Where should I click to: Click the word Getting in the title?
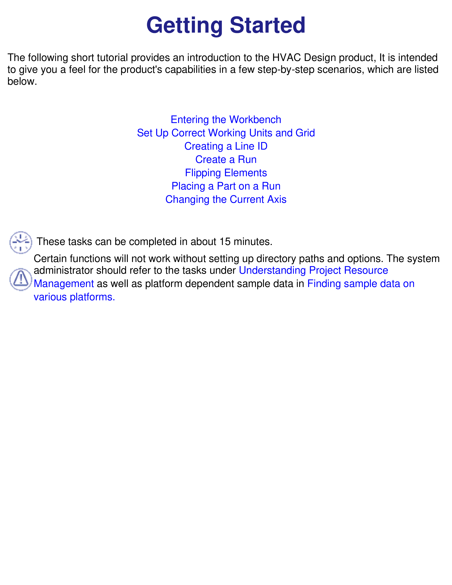(185, 26)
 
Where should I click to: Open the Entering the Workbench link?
(226, 119)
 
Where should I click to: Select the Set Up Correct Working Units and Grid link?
(226, 133)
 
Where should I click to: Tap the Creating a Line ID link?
(226, 146)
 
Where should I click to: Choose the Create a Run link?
(226, 159)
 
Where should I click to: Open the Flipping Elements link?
(226, 173)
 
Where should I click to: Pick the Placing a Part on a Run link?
(226, 186)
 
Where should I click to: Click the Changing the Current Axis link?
(226, 200)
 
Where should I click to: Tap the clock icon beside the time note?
(21, 242)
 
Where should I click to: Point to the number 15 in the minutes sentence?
(225, 242)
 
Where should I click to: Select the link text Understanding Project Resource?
(313, 271)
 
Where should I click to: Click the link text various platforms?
(74, 297)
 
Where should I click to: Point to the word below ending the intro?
(22, 81)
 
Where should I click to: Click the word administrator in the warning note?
(63, 271)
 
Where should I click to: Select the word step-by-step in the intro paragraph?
(286, 70)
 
